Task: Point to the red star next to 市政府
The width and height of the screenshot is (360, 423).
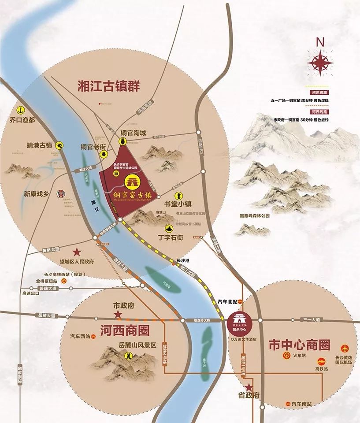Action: pos(118,314)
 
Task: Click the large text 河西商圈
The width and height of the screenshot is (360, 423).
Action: pos(125,330)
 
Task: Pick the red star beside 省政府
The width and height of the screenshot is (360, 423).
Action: pos(249,387)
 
